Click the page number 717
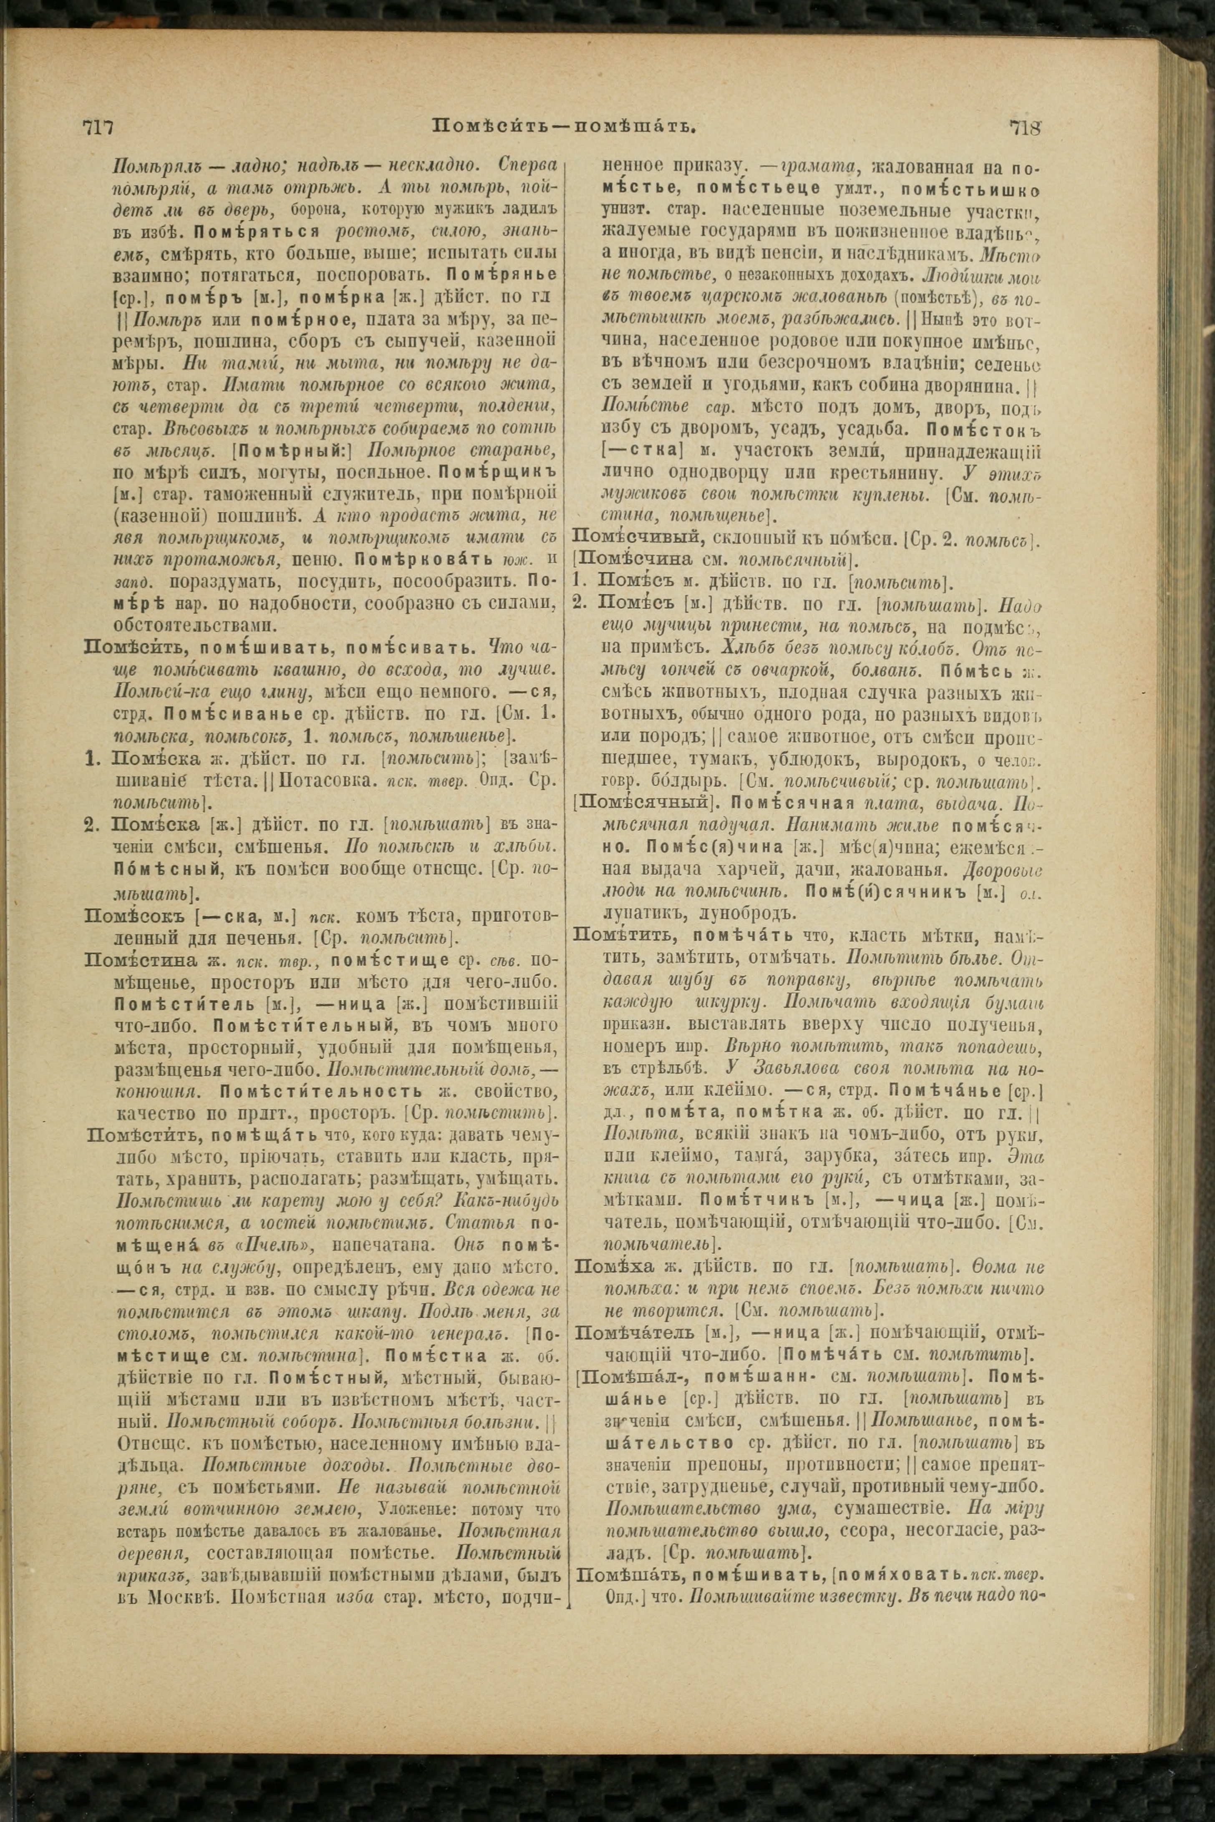[x=98, y=126]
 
